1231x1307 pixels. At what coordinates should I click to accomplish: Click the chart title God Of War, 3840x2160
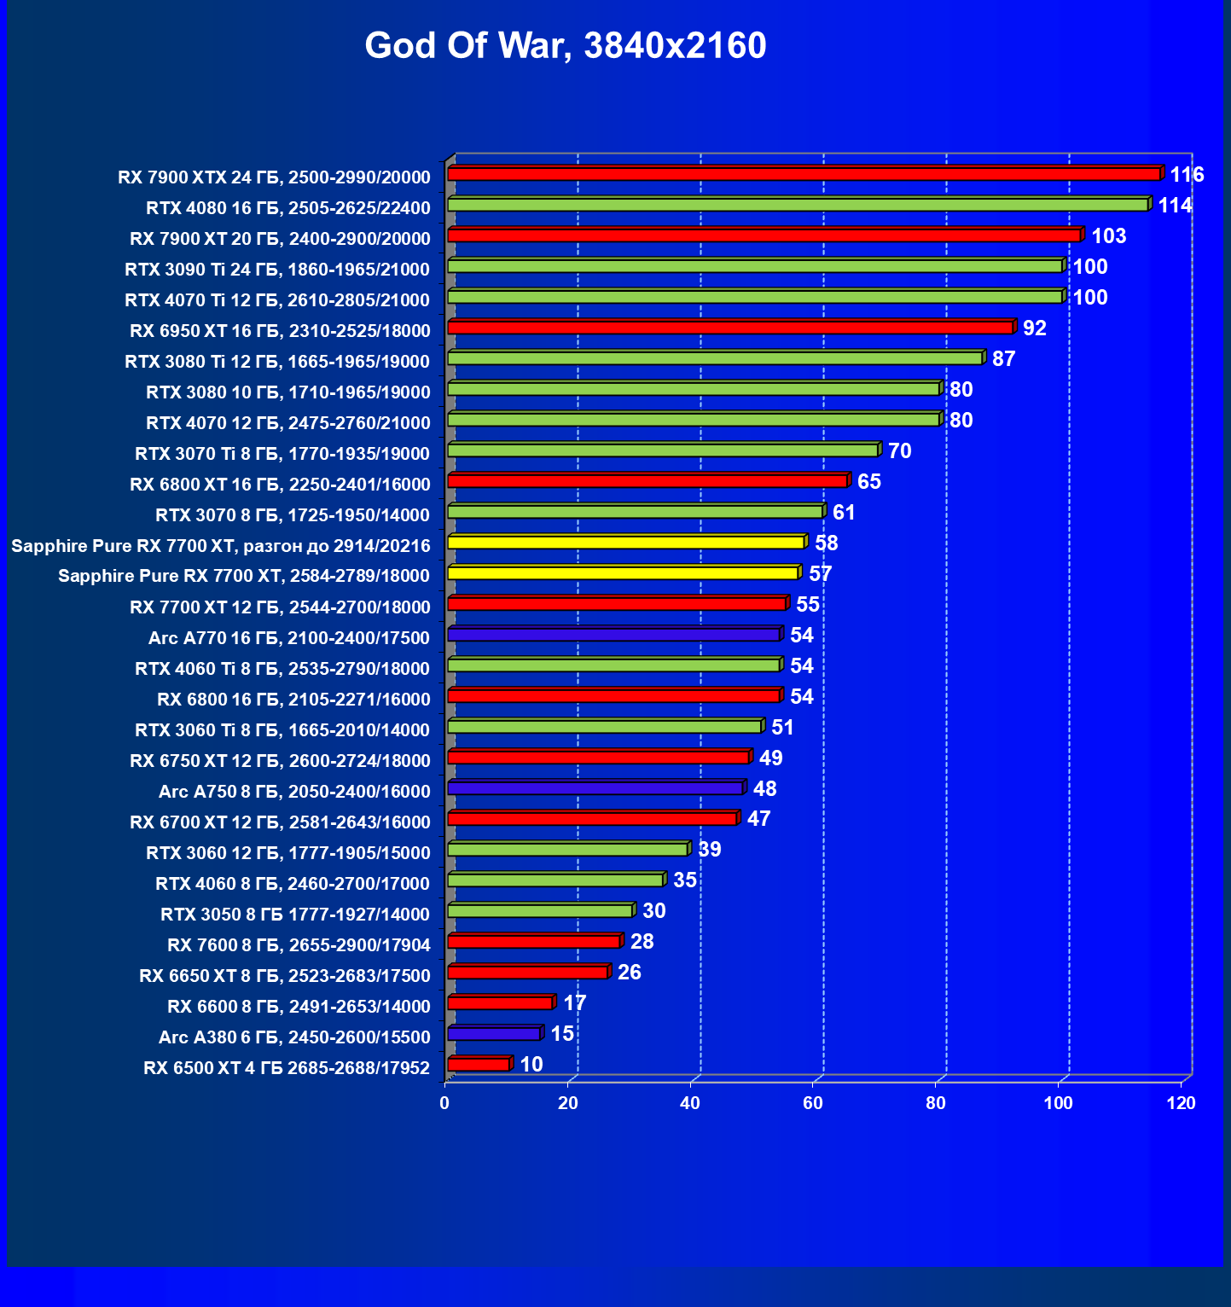[566, 45]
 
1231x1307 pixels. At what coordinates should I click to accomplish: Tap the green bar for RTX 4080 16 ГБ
[797, 205]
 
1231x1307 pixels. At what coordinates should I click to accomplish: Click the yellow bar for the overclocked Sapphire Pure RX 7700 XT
[625, 543]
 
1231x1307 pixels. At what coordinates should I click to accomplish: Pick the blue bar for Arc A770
[613, 635]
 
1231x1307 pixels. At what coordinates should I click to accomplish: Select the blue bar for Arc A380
[493, 1034]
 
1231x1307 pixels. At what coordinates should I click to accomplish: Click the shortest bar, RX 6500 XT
[478, 1065]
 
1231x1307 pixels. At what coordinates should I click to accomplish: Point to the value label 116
[1187, 175]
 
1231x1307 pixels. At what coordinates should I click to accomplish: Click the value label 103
[1108, 236]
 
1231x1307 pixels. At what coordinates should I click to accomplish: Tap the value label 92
[1034, 328]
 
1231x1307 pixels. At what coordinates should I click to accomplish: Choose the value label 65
[868, 482]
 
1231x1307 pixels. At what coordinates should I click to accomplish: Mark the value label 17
[575, 1003]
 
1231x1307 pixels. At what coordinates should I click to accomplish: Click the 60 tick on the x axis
[813, 1103]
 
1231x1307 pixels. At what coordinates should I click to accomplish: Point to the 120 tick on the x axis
[1182, 1103]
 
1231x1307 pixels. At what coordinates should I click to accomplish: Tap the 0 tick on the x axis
[444, 1103]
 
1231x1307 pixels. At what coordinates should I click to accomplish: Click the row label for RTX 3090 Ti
[277, 270]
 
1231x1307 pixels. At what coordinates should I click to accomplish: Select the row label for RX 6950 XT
[280, 331]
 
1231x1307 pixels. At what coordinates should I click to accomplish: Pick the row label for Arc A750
[294, 792]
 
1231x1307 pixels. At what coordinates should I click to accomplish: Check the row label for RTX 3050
[295, 915]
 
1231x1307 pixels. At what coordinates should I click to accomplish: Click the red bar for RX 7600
[533, 942]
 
